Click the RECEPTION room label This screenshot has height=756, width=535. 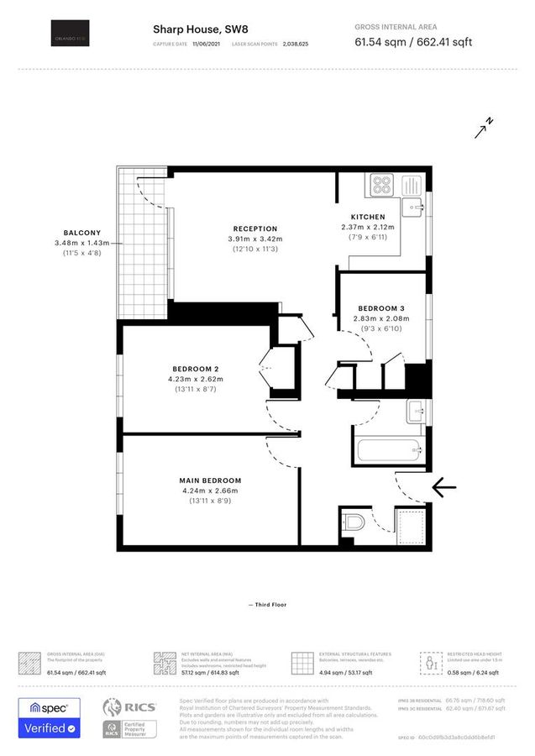point(254,228)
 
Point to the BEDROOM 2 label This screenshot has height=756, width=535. point(195,370)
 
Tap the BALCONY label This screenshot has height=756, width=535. point(82,233)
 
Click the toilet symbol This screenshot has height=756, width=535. point(353,524)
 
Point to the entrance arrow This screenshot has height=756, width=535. point(443,486)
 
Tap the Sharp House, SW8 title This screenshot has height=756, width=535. point(200,29)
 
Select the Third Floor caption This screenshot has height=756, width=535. point(267,604)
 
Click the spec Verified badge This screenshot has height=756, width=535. point(50,718)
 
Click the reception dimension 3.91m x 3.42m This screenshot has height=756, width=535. point(254,239)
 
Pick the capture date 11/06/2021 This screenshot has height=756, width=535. point(207,42)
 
